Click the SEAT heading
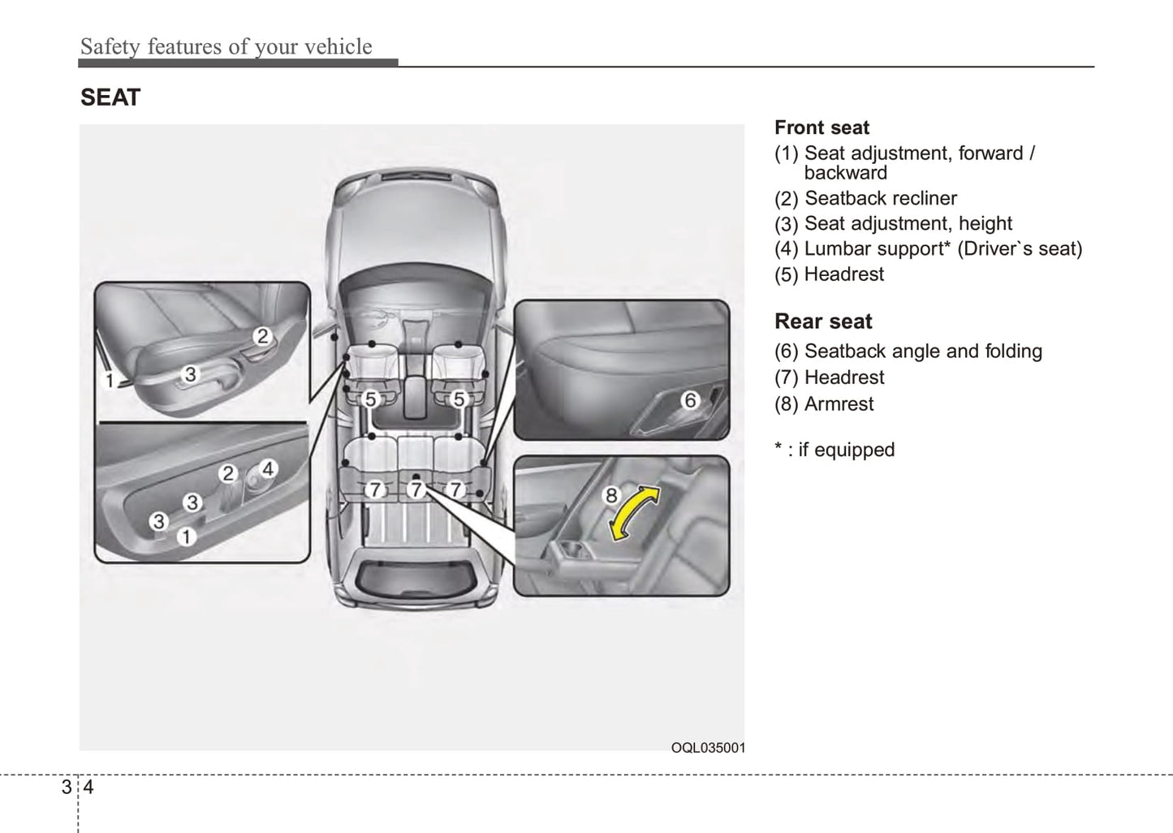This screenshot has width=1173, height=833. coord(110,97)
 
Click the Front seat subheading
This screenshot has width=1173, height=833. coord(822,127)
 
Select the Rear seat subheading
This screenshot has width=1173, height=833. coord(823,322)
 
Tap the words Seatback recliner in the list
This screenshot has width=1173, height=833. coord(881,198)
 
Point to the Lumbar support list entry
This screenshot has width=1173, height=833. coord(928,249)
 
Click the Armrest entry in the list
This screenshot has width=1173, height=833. coord(824,404)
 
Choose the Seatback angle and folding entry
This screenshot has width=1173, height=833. coord(908,351)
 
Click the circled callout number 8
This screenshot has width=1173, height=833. coord(611,495)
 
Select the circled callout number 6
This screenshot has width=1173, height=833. coord(690,400)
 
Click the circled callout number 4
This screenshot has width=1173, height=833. coord(268,468)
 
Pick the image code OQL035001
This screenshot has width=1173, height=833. coord(708,748)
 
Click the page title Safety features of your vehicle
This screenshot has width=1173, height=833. coord(226,46)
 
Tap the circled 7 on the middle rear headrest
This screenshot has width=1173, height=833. coord(416,490)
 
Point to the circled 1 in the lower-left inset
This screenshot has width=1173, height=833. coord(186,537)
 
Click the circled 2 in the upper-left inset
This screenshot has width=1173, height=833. coord(262,336)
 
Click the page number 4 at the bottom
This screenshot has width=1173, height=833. coord(88,787)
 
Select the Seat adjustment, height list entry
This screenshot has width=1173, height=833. coord(893,224)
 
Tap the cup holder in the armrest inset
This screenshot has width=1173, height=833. coord(572,550)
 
